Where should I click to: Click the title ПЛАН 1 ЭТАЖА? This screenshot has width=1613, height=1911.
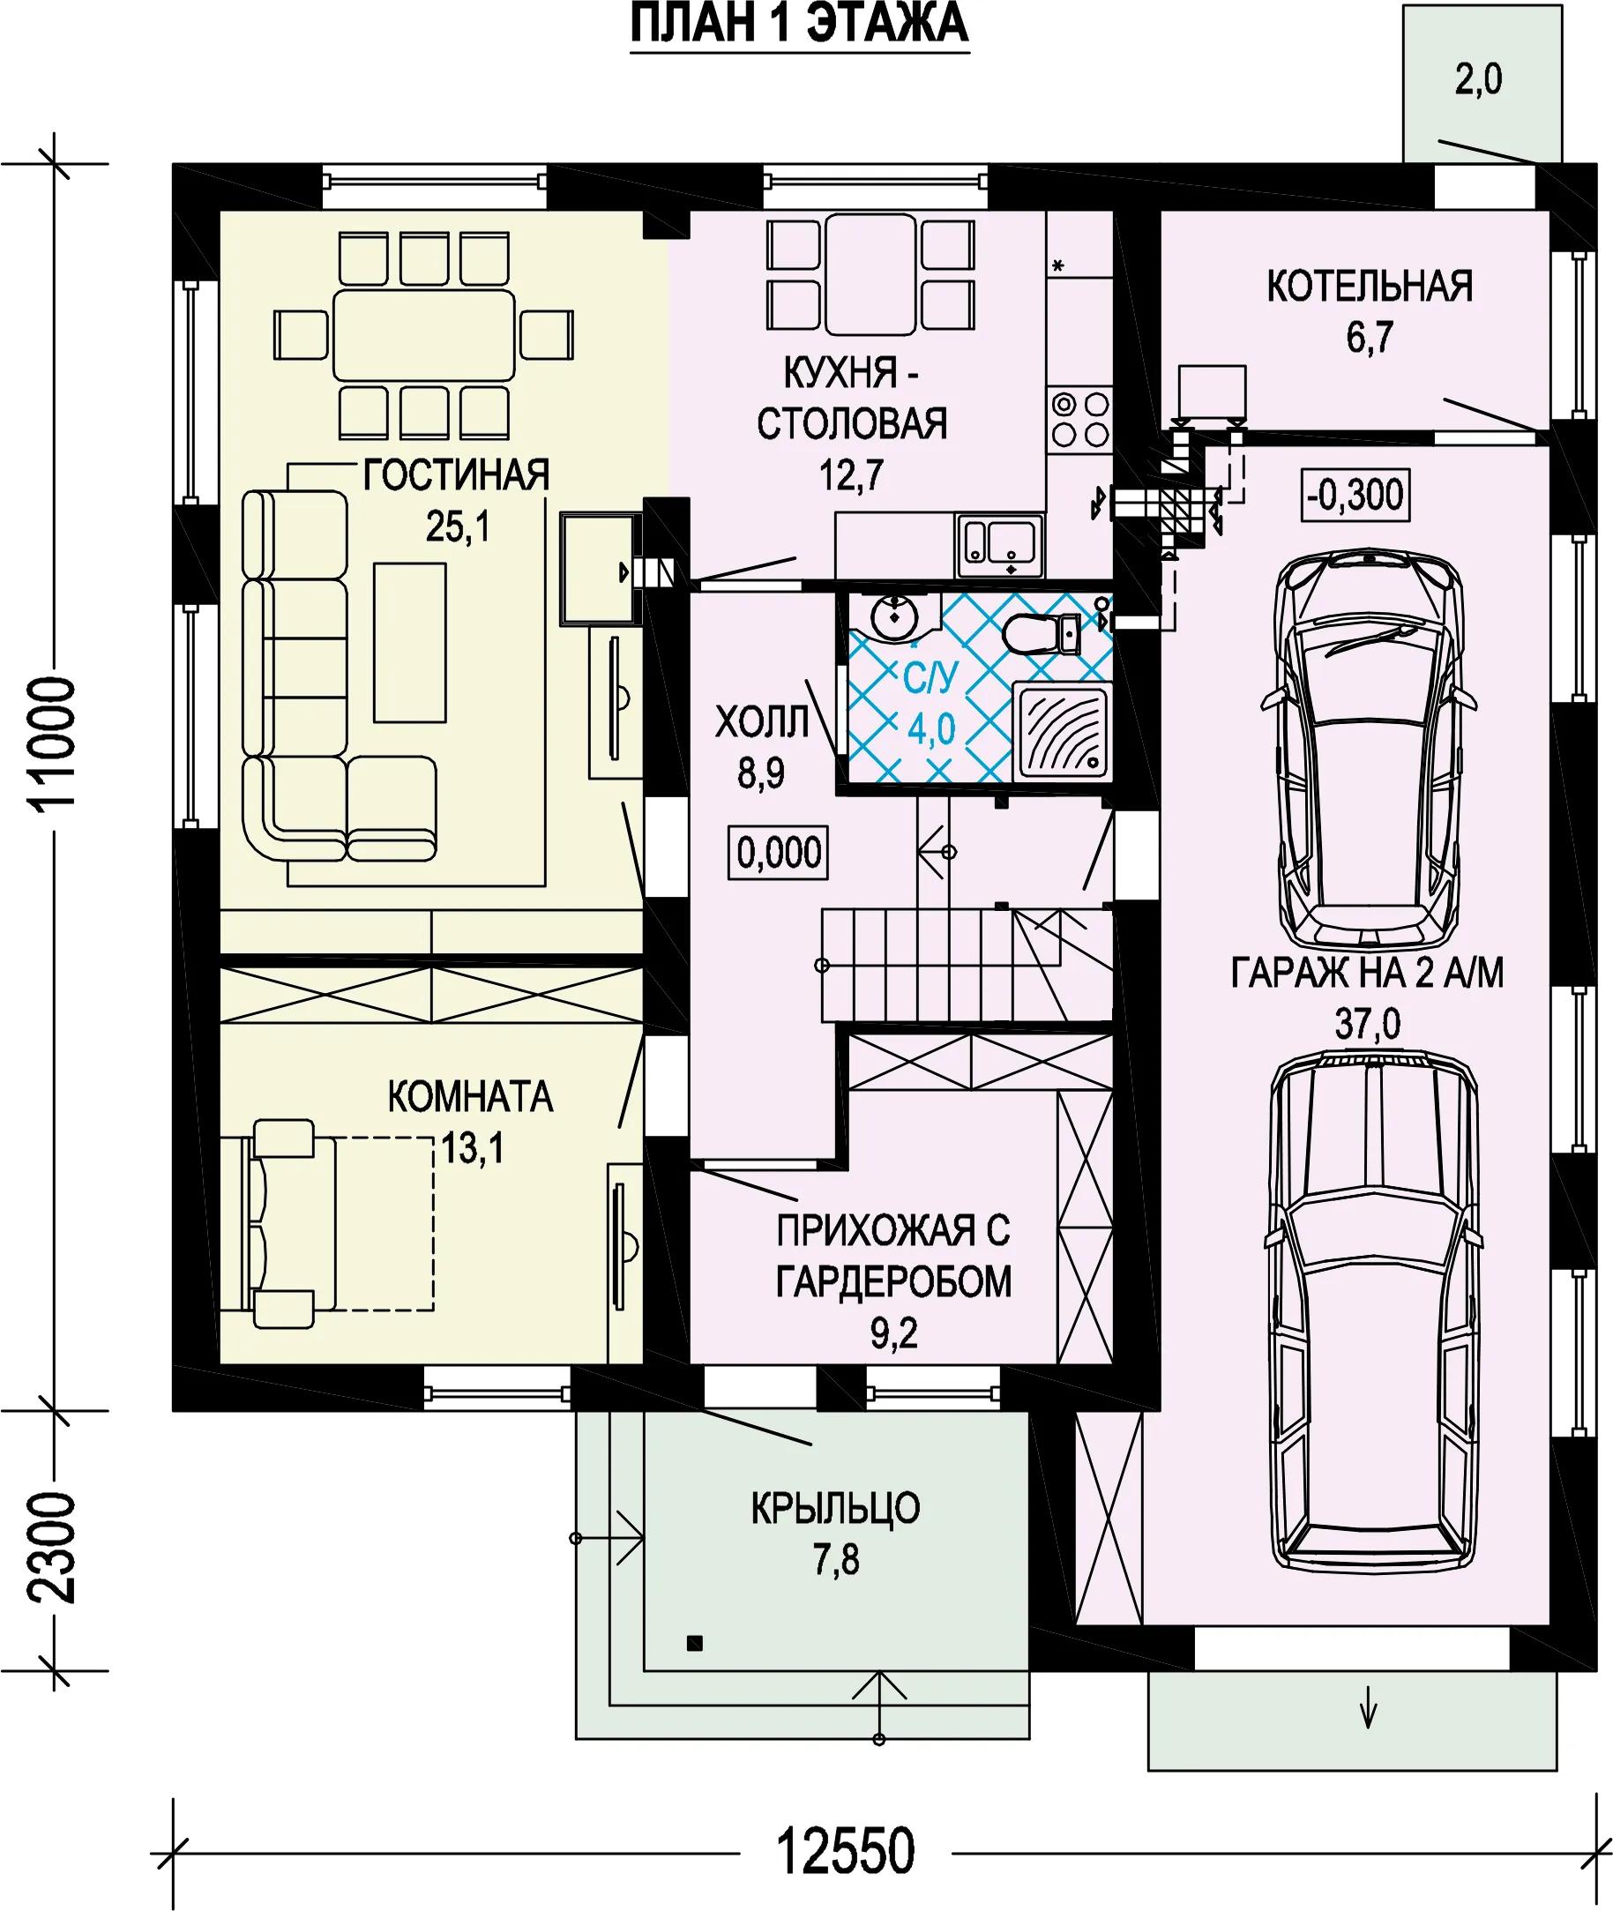(799, 24)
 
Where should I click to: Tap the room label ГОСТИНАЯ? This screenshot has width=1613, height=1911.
(456, 475)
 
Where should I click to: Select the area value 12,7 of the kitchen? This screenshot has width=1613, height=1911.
(851, 475)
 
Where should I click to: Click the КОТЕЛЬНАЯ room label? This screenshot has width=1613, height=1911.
(1369, 287)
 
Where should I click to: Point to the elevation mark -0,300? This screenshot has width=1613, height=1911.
(1355, 495)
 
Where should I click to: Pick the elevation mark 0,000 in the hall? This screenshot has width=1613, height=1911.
(778, 853)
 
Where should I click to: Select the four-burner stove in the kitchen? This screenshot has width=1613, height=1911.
(1080, 419)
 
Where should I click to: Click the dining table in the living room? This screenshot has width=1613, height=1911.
(423, 336)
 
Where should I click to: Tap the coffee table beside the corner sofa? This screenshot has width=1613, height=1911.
(410, 643)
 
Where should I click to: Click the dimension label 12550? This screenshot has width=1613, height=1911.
(845, 1852)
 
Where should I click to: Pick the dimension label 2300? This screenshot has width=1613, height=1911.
(51, 1548)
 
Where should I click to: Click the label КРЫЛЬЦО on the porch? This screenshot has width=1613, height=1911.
(835, 1508)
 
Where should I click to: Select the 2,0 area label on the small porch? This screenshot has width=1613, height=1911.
(1479, 79)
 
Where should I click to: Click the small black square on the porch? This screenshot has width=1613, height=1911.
(695, 1643)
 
